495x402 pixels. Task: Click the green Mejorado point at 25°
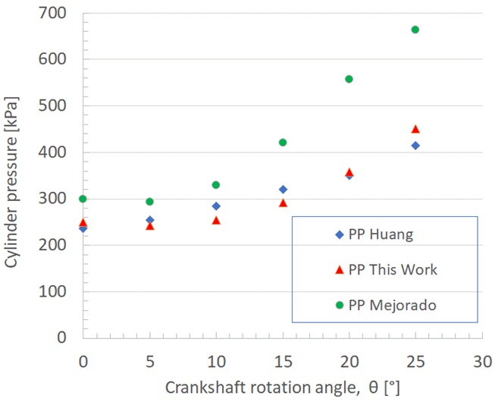click(x=415, y=30)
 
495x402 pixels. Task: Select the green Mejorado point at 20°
click(x=349, y=79)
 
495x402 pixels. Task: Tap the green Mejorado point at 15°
click(x=283, y=143)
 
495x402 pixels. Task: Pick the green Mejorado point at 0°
click(x=83, y=199)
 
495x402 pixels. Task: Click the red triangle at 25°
click(x=415, y=129)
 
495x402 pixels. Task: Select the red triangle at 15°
click(x=283, y=203)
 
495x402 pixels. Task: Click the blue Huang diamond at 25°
click(x=415, y=145)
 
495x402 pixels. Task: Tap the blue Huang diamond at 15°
click(x=283, y=190)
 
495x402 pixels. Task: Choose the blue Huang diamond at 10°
click(x=216, y=206)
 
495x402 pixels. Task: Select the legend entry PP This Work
click(x=393, y=270)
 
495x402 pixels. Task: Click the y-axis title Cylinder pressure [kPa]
click(x=13, y=175)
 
